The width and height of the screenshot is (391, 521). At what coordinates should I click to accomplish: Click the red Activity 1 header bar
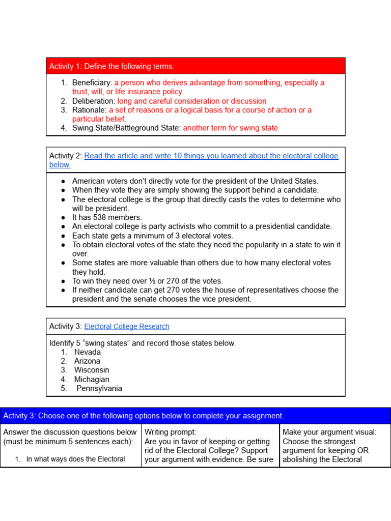pyautogui.click(x=195, y=66)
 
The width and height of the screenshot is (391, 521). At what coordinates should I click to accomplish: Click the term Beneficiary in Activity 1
pyautogui.click(x=92, y=82)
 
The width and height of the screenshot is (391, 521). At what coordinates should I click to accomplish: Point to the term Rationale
pyautogui.click(x=89, y=110)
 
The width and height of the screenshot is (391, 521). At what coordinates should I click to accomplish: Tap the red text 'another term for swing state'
pyautogui.click(x=230, y=128)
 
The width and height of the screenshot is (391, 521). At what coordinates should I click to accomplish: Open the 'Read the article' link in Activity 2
pyautogui.click(x=211, y=156)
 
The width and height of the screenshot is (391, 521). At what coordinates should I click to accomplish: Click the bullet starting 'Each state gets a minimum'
pyautogui.click(x=152, y=236)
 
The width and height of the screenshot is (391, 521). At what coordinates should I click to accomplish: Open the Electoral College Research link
pyautogui.click(x=126, y=327)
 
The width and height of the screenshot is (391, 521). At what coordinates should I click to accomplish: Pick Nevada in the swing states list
pyautogui.click(x=88, y=352)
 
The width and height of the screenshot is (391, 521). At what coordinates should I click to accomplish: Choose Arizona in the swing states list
pyautogui.click(x=87, y=361)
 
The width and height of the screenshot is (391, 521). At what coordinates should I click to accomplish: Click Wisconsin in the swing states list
pyautogui.click(x=92, y=370)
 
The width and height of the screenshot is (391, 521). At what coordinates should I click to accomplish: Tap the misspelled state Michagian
pyautogui.click(x=92, y=380)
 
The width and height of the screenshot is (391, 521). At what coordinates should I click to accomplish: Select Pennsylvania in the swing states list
pyautogui.click(x=99, y=389)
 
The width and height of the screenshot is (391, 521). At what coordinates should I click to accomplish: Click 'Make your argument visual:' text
pyautogui.click(x=329, y=432)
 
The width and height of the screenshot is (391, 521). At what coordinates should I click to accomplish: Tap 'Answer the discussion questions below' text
pyautogui.click(x=70, y=432)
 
